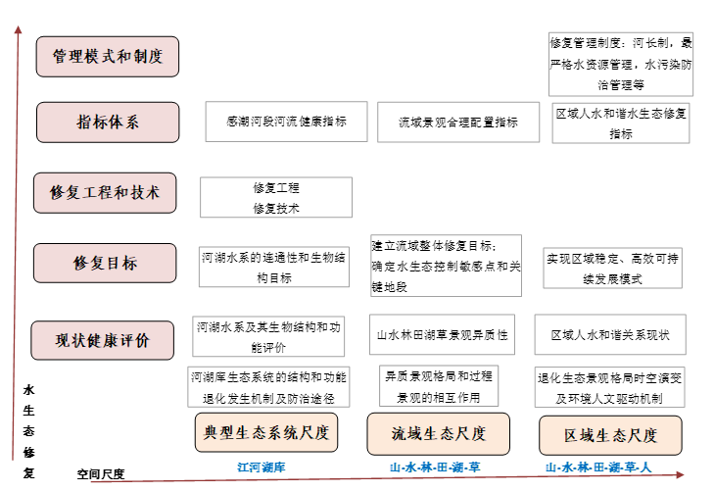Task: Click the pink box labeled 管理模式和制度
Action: [x=108, y=57]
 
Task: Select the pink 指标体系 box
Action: [x=108, y=123]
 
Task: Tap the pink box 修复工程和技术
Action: [x=105, y=193]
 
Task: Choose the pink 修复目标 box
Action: [x=105, y=263]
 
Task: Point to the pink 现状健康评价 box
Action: [x=103, y=340]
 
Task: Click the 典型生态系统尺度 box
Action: [x=266, y=432]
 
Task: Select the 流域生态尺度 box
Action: [x=439, y=434]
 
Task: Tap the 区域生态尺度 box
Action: [x=610, y=435]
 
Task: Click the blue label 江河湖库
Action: [x=262, y=467]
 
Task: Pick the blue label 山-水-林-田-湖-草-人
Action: [x=598, y=467]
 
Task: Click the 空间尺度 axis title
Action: [x=101, y=474]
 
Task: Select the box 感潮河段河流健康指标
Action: [x=286, y=122]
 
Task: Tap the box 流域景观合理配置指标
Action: [x=458, y=123]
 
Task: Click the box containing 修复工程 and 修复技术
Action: [x=276, y=197]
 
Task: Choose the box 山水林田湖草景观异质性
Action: [x=442, y=334]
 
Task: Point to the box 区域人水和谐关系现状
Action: [x=610, y=334]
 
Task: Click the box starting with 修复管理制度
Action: [x=621, y=65]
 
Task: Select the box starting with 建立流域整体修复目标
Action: [x=447, y=266]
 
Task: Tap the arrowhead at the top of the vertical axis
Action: [x=19, y=29]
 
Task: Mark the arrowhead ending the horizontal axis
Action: [x=681, y=474]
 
